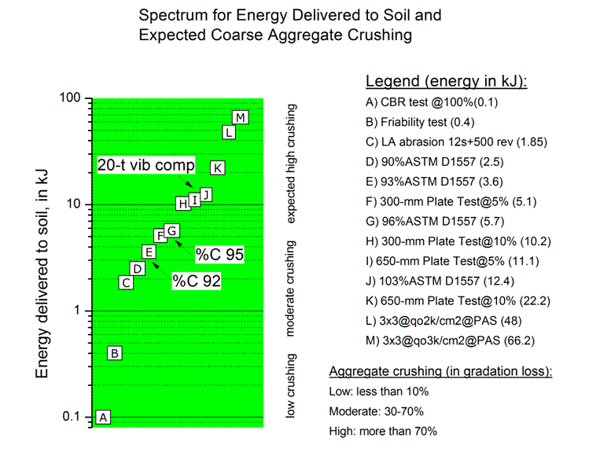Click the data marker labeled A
[104, 417]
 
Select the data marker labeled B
[115, 353]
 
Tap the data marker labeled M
[241, 117]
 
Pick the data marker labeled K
[218, 167]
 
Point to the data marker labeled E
[148, 251]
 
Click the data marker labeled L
[229, 131]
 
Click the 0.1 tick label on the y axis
[73, 417]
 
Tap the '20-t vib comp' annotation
[145, 165]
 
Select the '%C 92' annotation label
[197, 280]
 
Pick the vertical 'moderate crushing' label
[290, 289]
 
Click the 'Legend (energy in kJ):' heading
[446, 82]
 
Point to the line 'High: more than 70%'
[382, 431]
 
